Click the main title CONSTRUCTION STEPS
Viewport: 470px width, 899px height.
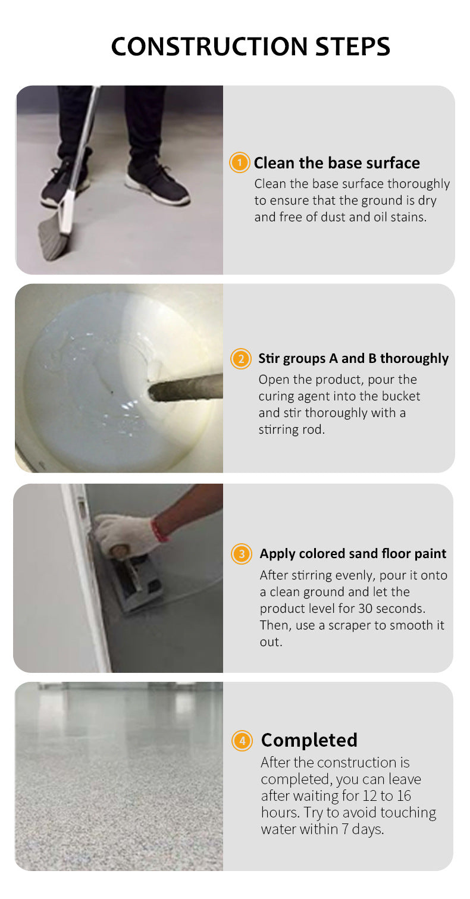pyautogui.click(x=250, y=46)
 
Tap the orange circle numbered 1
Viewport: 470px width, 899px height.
pyautogui.click(x=240, y=162)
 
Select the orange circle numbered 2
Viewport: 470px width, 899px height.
pyautogui.click(x=241, y=358)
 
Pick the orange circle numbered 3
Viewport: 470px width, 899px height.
pyautogui.click(x=242, y=554)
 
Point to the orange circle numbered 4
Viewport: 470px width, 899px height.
pyautogui.click(x=242, y=741)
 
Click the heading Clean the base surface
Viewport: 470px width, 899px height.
pyautogui.click(x=337, y=163)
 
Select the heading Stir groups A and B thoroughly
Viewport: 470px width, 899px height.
pyautogui.click(x=353, y=358)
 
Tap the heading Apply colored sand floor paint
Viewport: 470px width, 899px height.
pyautogui.click(x=353, y=553)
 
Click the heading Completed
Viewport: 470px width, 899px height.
pyautogui.click(x=309, y=740)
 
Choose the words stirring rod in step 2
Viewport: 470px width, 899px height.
pyautogui.click(x=292, y=430)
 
